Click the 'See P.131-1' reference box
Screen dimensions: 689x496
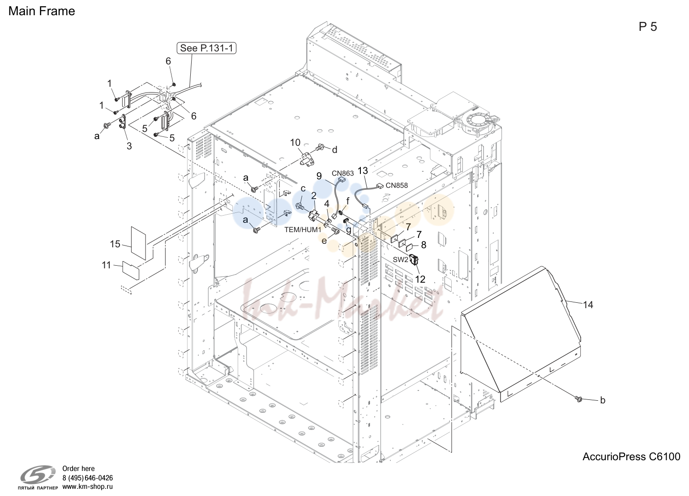coord(206,48)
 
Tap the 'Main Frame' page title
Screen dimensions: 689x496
coord(42,11)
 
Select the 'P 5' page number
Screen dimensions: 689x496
coord(648,27)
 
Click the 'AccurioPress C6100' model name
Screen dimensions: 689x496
coord(632,457)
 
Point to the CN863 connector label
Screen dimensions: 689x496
coord(342,174)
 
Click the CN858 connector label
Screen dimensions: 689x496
coord(397,185)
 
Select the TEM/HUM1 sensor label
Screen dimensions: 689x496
coord(303,229)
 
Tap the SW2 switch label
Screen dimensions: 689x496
coord(401,259)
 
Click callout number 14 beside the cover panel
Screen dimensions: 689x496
coord(588,305)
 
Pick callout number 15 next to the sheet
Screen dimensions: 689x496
coord(116,244)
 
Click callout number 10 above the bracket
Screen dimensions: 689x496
coord(295,143)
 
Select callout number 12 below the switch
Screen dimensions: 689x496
coord(420,279)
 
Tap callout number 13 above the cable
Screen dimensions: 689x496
coord(363,170)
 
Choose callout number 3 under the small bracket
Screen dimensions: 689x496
coord(129,146)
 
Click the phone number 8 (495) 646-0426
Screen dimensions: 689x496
coord(88,478)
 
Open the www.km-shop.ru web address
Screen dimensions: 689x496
coord(88,487)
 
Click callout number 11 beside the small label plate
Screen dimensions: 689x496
coord(107,265)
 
